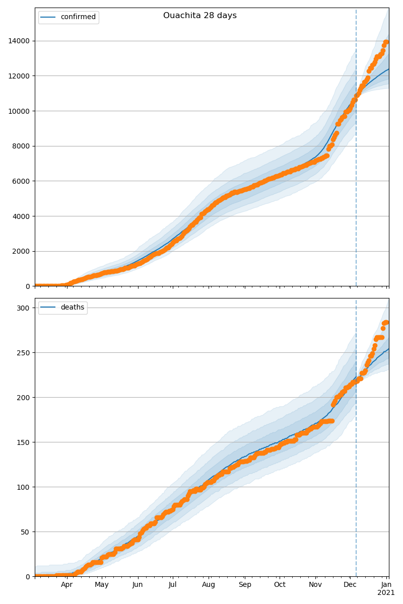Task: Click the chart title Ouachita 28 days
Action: [x=199, y=16]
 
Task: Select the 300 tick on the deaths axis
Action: [x=24, y=308]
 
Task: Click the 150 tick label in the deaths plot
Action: [x=24, y=442]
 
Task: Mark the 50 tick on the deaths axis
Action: [x=26, y=532]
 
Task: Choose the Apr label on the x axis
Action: [x=67, y=585]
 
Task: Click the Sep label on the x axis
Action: [x=245, y=585]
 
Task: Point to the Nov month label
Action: [x=315, y=585]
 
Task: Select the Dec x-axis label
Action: [x=350, y=585]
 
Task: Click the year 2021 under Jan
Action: [x=386, y=593]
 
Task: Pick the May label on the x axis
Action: [x=102, y=585]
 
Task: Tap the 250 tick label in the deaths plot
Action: [x=24, y=352]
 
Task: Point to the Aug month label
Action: [x=209, y=585]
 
